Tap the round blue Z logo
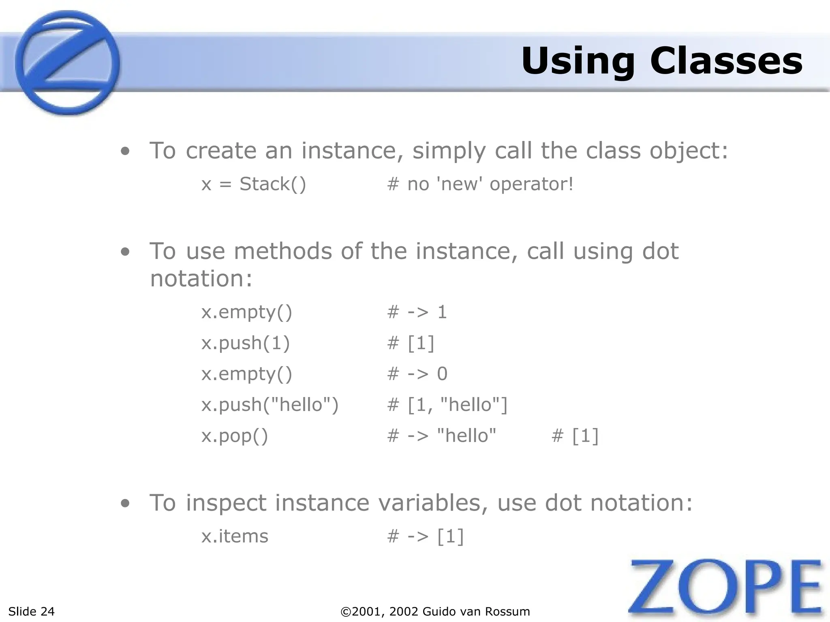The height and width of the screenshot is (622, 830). point(67,63)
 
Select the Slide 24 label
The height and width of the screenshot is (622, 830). point(31,611)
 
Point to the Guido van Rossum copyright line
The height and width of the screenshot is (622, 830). point(435,611)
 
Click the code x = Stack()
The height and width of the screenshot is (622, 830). point(254,184)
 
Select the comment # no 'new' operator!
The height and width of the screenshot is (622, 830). point(480,184)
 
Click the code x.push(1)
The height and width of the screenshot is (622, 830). point(246,343)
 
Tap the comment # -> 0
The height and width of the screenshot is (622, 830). point(417,374)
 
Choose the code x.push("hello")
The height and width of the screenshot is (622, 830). point(270,405)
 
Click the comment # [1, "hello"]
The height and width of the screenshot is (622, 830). point(447,405)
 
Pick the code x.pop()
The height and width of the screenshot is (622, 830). point(235,436)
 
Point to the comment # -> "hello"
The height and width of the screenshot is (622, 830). point(441,436)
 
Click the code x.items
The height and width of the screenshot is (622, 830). point(235,536)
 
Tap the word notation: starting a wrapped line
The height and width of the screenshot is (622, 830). point(201,279)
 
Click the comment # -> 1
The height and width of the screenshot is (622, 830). point(417,312)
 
